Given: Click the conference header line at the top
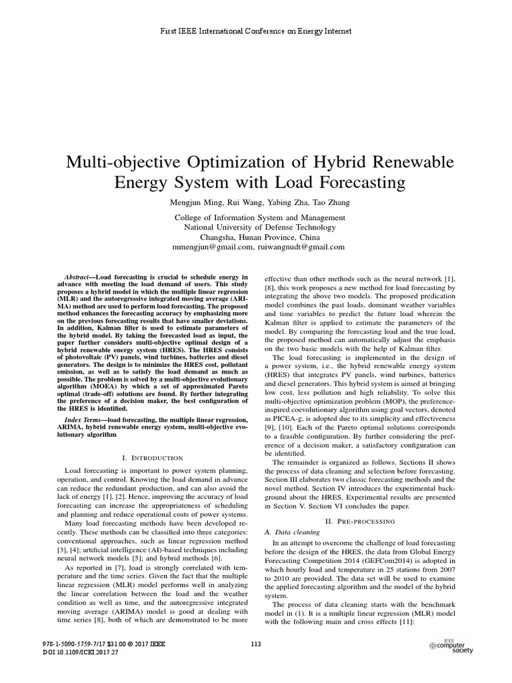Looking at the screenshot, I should pyautogui.click(x=256, y=31).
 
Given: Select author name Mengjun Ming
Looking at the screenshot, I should pyautogui.click(x=196, y=203).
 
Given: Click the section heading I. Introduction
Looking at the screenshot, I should pyautogui.click(x=153, y=458).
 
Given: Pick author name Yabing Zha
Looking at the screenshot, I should pyautogui.click(x=274, y=203).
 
